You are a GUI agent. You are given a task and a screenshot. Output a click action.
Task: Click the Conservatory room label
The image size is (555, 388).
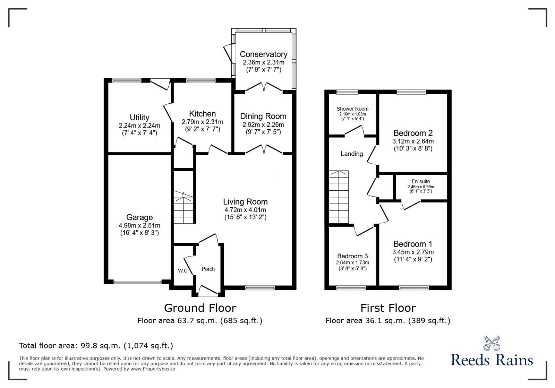[263, 54]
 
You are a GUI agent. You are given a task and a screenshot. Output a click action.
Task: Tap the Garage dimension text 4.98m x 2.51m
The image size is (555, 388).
[139, 226]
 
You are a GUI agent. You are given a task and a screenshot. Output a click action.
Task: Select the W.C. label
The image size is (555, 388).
[183, 271]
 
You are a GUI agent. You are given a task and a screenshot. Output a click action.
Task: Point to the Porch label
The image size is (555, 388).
[208, 269]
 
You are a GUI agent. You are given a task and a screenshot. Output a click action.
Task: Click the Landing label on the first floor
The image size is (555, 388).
[352, 154]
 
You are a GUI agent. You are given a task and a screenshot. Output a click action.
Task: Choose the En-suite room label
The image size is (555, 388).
[421, 181]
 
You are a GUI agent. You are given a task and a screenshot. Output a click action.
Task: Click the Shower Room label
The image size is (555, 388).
[352, 109]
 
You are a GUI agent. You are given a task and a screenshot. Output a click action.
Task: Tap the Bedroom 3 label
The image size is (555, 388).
[352, 256]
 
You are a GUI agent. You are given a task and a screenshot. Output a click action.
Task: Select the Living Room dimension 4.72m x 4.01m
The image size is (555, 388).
[245, 210]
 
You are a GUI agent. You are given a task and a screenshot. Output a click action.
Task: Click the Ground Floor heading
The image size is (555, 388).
[200, 308]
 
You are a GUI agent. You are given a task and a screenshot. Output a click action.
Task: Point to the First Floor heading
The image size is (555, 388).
[388, 308]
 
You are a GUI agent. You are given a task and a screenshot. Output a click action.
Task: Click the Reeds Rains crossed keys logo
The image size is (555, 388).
[492, 343]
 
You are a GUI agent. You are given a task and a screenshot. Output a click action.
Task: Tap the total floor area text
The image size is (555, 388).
[96, 345]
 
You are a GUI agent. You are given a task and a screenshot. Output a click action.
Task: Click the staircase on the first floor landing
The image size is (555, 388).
[339, 197]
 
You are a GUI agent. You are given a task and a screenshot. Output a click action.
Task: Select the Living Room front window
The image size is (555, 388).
[260, 287]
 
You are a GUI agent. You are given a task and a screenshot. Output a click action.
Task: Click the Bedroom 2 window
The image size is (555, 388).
[411, 92]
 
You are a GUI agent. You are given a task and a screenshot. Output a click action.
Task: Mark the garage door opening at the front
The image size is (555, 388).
[137, 282]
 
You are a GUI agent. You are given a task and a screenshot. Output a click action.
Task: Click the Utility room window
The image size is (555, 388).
[126, 80]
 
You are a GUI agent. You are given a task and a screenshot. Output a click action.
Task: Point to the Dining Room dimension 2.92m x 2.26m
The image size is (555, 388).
[263, 124]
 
